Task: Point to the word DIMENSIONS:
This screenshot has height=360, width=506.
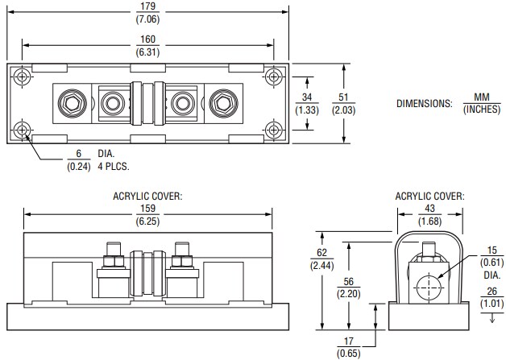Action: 425,103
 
